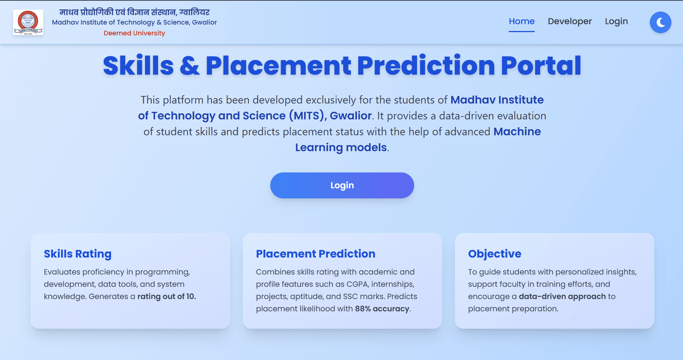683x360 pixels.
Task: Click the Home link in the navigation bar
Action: [521, 22]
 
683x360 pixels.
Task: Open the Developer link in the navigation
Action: [569, 22]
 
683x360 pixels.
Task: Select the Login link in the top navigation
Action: [616, 22]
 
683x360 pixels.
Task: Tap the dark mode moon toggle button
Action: [660, 22]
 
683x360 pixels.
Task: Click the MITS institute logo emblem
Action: [28, 22]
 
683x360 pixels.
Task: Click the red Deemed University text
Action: [134, 33]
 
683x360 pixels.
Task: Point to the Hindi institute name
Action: [134, 12]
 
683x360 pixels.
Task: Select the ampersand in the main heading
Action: [189, 66]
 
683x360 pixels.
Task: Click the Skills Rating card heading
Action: [78, 254]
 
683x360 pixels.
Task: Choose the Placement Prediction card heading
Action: [315, 254]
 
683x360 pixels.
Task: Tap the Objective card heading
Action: [494, 254]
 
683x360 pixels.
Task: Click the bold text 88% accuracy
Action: [382, 309]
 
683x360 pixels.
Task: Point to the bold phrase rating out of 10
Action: [166, 297]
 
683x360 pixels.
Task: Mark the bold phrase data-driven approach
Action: [562, 297]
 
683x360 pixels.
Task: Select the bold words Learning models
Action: [341, 148]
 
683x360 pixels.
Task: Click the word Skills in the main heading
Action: [139, 66]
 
